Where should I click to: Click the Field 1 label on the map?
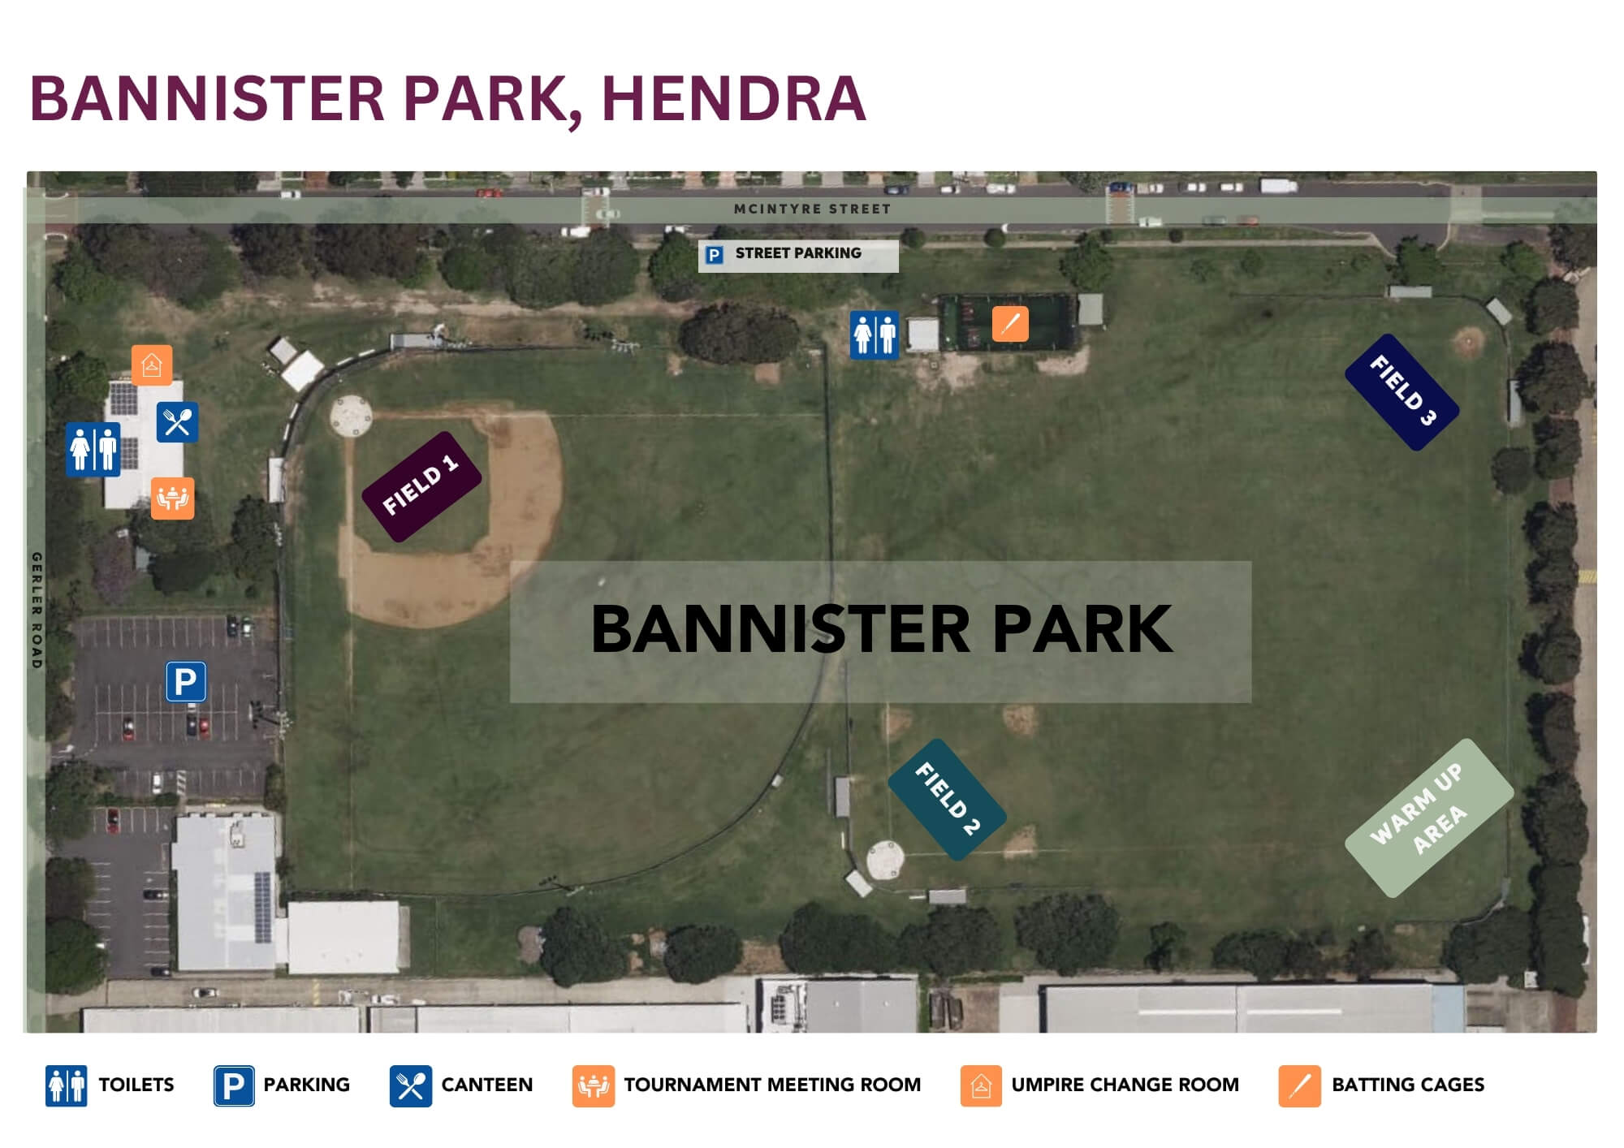click(x=421, y=486)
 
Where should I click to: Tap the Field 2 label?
click(x=947, y=799)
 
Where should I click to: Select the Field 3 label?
click(x=1402, y=391)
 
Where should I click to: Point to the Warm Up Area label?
click(x=1429, y=818)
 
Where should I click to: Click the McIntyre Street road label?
click(x=812, y=209)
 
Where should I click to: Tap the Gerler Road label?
click(x=37, y=611)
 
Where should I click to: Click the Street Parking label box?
click(x=798, y=255)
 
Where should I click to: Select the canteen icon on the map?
click(x=177, y=422)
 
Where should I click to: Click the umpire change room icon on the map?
click(x=152, y=365)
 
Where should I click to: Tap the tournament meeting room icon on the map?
click(x=172, y=498)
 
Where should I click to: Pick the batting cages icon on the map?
click(x=1010, y=324)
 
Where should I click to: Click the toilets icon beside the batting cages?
click(x=875, y=334)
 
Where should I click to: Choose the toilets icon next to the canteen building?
click(x=93, y=449)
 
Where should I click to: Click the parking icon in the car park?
click(x=186, y=681)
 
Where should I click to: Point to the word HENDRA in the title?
click(x=734, y=99)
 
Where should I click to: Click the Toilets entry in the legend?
click(x=110, y=1085)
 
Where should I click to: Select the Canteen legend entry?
click(x=461, y=1085)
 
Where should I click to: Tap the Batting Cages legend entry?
click(x=1381, y=1085)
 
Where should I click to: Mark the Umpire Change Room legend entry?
click(x=1099, y=1085)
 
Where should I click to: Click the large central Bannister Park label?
click(x=881, y=631)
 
